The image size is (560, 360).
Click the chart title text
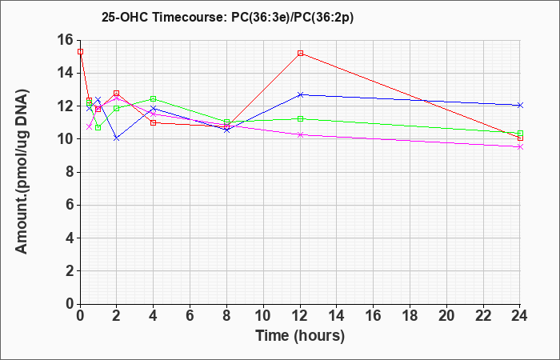click(227, 18)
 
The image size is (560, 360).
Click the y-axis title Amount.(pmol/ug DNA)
click(22, 171)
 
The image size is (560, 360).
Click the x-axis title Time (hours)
click(300, 336)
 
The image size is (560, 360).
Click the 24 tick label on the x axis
click(520, 316)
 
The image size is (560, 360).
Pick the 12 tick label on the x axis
click(300, 316)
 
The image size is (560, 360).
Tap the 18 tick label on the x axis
click(410, 316)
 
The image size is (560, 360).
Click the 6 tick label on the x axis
click(190, 316)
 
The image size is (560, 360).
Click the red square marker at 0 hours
click(80, 52)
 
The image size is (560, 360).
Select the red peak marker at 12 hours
click(300, 54)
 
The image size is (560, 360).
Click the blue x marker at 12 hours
click(300, 94)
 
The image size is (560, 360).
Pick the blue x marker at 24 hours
click(520, 106)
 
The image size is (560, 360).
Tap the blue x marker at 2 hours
click(117, 138)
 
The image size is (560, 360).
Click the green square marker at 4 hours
click(154, 98)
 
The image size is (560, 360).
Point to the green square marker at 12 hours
click(300, 118)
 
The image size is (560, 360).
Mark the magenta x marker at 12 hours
click(300, 134)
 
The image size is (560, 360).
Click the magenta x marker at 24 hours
click(520, 146)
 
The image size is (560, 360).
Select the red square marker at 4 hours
click(154, 123)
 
